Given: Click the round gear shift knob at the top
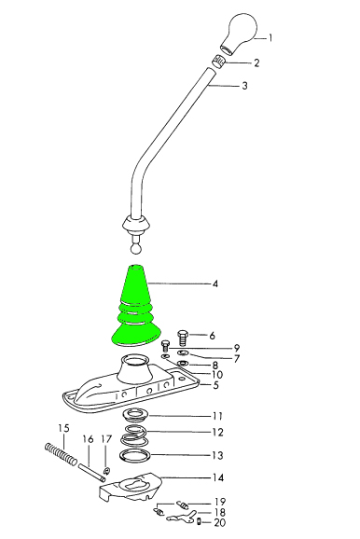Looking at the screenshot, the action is click(240, 33).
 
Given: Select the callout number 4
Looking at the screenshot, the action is click(215, 283).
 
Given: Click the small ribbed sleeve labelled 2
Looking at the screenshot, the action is click(218, 62).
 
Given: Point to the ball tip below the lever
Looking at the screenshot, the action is click(136, 248).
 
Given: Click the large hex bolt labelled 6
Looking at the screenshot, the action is click(183, 338).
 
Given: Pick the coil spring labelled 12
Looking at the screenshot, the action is click(134, 435).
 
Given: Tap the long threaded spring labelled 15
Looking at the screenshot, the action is click(62, 453).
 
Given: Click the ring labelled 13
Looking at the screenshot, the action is click(135, 456).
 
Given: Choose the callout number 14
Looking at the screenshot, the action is click(218, 477).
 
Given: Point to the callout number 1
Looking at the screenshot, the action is click(270, 38).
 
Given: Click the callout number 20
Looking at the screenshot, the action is click(220, 523).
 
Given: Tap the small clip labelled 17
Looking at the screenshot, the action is click(106, 470).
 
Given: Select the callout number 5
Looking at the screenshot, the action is click(216, 385).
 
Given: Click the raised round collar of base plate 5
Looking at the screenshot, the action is click(135, 367).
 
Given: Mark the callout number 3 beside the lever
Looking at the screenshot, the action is click(244, 86).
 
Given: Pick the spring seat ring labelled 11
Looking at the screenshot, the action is click(136, 415).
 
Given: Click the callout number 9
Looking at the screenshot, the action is click(236, 348).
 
